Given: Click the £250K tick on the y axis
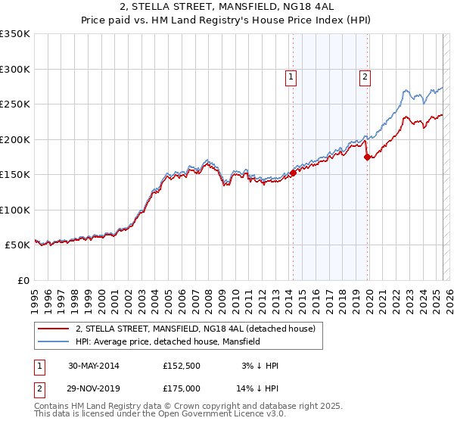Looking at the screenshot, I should tap(14, 104).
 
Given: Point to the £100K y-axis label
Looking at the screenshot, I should tap(14, 210).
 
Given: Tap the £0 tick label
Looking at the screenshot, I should tap(22, 281).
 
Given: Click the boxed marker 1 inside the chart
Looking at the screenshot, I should tap(291, 76).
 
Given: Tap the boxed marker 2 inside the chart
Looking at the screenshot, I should tap(365, 76).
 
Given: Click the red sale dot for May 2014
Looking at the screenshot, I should tap(293, 173).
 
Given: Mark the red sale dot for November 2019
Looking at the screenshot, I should tap(367, 157).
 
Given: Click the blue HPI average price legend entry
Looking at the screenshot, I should tap(179, 342).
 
